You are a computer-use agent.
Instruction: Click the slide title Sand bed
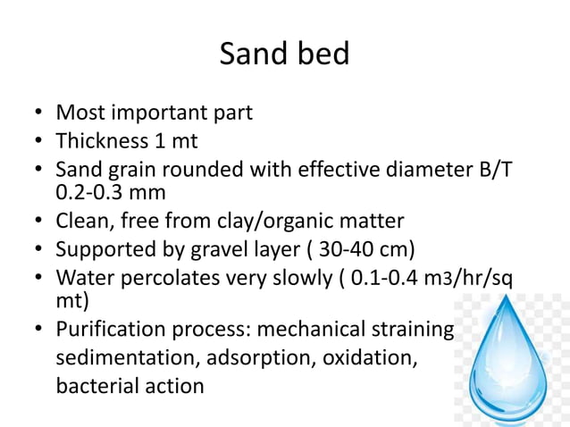click(x=284, y=54)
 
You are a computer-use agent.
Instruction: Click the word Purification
click(x=112, y=331)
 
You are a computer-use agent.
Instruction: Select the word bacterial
click(x=93, y=387)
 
